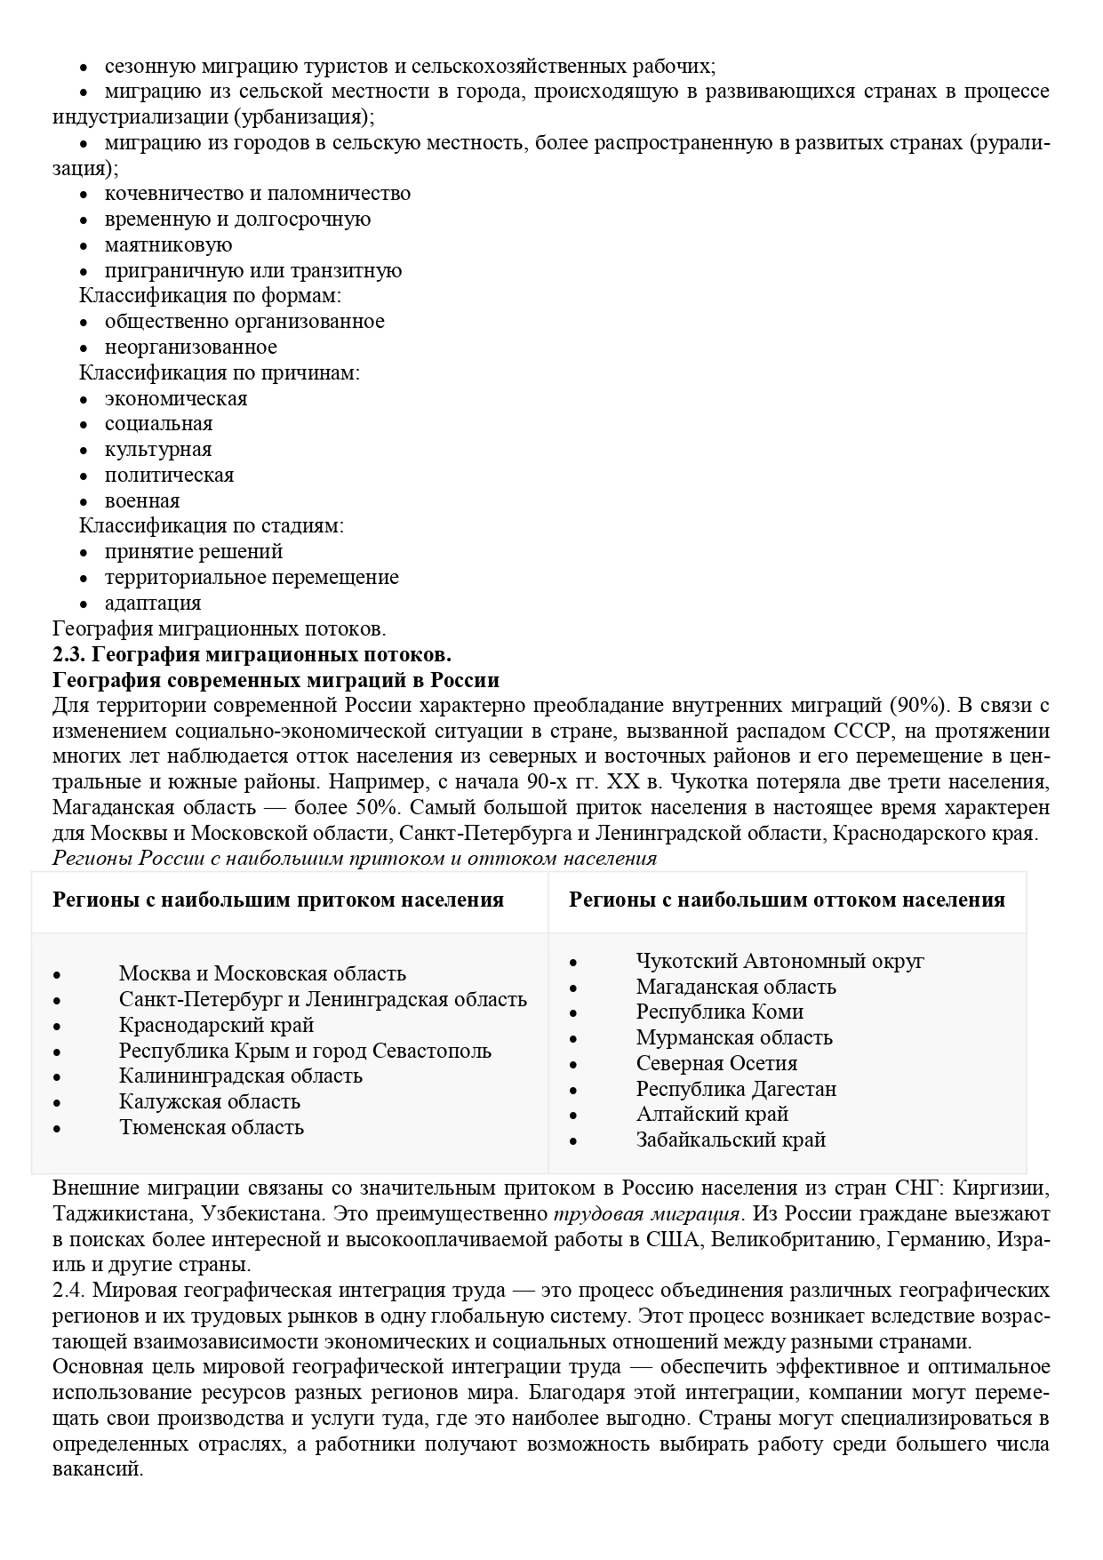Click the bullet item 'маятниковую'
tap(168, 245)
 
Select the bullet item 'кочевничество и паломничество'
tap(257, 194)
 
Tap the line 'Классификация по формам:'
tap(211, 296)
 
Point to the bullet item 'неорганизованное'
tap(190, 348)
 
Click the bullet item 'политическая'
tap(169, 476)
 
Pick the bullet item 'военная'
tap(142, 501)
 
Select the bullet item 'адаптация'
tap(153, 604)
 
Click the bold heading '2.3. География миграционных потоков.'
tap(252, 655)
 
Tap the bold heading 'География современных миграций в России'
tap(276, 681)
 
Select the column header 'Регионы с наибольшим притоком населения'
tap(278, 900)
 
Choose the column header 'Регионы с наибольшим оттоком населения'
tap(787, 900)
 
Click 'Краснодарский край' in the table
tap(216, 1026)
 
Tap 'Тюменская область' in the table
tap(212, 1128)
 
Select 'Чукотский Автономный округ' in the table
tap(779, 962)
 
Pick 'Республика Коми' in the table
tap(719, 1012)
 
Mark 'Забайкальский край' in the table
tap(731, 1140)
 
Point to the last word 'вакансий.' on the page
tap(98, 1468)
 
